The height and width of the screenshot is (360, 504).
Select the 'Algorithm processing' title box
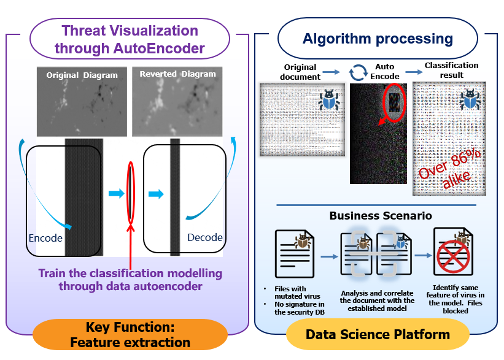point(378,39)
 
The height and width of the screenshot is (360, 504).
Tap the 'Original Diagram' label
point(82,75)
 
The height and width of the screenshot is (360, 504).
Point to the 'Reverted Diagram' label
point(177,74)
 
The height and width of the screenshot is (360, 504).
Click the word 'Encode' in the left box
point(45,237)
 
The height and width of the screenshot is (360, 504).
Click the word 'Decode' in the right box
point(204,237)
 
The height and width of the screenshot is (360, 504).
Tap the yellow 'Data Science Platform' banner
point(378,335)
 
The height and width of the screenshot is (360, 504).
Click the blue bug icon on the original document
point(330,99)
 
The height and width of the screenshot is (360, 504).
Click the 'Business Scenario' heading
point(380,216)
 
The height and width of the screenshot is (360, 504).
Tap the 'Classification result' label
point(451,70)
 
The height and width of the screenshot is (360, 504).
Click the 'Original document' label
point(301,72)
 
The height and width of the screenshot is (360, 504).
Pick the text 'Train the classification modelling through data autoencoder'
point(130,279)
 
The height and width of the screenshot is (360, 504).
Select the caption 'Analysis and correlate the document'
point(377,296)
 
